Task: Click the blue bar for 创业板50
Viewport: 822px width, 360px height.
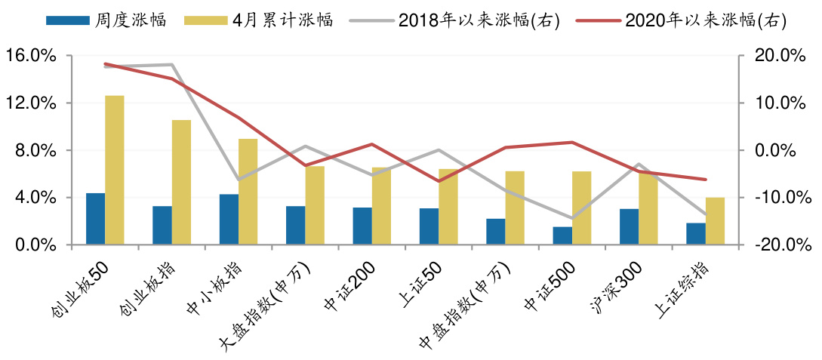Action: pos(95,219)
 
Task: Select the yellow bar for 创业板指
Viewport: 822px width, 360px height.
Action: pos(181,182)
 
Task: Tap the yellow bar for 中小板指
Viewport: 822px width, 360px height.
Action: pos(248,192)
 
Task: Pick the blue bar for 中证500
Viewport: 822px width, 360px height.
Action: pos(562,235)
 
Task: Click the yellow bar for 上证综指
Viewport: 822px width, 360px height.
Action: pos(715,221)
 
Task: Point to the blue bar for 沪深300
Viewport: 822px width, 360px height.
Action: pos(629,226)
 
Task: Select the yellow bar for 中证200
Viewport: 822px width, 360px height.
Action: pos(381,206)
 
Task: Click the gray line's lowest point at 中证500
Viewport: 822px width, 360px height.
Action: pos(572,218)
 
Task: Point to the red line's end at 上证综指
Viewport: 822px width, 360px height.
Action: pos(706,180)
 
